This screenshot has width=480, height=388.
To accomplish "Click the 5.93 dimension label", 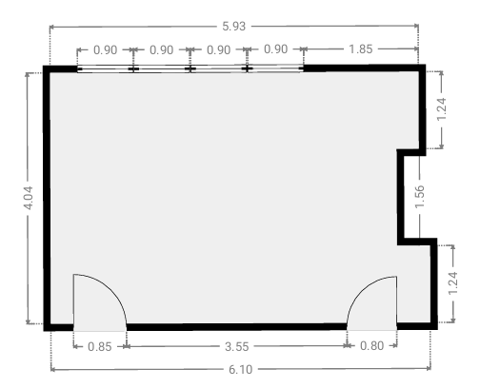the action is pyautogui.click(x=234, y=27).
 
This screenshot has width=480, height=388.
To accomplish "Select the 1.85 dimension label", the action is pyautogui.click(x=360, y=49).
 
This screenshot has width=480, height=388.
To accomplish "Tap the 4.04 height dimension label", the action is pyautogui.click(x=29, y=198).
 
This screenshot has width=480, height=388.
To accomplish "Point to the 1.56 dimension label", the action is pyautogui.click(x=420, y=197).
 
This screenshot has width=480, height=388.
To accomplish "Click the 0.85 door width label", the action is pyautogui.click(x=100, y=347).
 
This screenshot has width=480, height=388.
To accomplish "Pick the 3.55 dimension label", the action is pyautogui.click(x=236, y=346).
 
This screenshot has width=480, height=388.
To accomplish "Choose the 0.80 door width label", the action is pyautogui.click(x=371, y=345).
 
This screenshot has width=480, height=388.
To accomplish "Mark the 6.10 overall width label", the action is pyautogui.click(x=240, y=369).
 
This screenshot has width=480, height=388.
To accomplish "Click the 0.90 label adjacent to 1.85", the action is pyautogui.click(x=275, y=49).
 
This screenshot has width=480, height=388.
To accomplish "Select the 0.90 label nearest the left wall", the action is pyautogui.click(x=106, y=49).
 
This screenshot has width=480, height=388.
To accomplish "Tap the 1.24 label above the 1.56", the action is pyautogui.click(x=442, y=109).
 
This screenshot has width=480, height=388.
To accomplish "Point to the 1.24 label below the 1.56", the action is pyautogui.click(x=452, y=283).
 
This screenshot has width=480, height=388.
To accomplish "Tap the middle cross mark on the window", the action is pyautogui.click(x=190, y=68).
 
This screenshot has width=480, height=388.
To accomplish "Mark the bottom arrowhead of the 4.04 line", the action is pyautogui.click(x=29, y=321).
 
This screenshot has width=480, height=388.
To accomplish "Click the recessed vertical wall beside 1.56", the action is pyautogui.click(x=401, y=197).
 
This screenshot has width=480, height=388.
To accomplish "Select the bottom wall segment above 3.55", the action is pyautogui.click(x=236, y=327).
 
